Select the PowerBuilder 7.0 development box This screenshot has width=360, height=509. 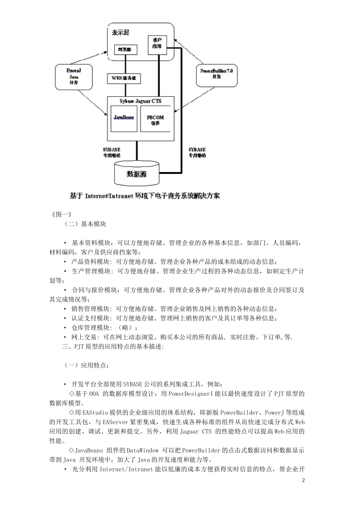point(217,74)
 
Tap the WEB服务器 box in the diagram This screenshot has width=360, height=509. point(124,79)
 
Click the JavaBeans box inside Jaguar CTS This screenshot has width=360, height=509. point(124,118)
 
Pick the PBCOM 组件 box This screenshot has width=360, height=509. point(155,120)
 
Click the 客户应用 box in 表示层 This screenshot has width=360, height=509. point(157,44)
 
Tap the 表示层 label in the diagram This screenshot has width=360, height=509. point(120,33)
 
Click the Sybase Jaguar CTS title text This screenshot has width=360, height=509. point(140,101)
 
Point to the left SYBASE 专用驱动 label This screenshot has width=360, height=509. point(111,153)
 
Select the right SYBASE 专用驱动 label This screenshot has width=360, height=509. point(197,153)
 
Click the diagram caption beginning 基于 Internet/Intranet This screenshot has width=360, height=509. point(145,196)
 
